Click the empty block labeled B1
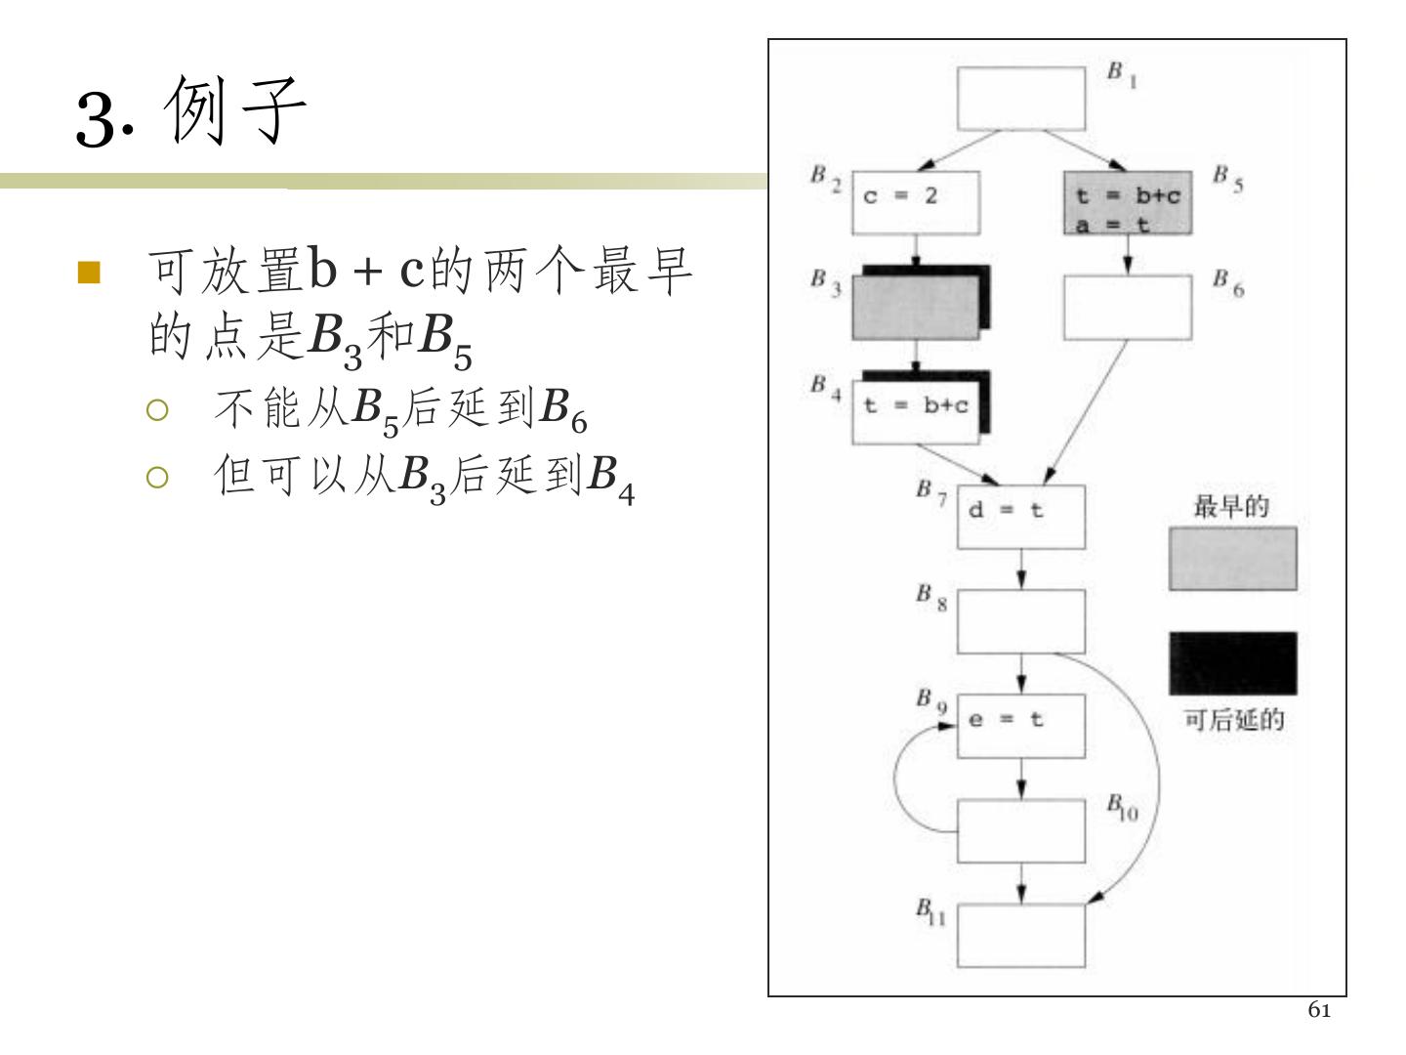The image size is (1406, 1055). click(1020, 98)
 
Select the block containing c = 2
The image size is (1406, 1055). click(915, 202)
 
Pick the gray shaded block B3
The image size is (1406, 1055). click(915, 307)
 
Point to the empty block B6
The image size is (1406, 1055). click(1127, 307)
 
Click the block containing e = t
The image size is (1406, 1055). click(1020, 726)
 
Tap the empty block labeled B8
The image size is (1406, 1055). click(1020, 621)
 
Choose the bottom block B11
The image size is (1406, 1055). click(1020, 935)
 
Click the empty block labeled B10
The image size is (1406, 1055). click(1020, 830)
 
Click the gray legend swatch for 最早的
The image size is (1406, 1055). click(1232, 559)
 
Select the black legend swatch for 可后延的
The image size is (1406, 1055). click(1232, 663)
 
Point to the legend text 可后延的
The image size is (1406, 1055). click(1233, 721)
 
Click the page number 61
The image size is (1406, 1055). click(1318, 1010)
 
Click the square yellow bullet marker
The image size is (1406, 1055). click(89, 272)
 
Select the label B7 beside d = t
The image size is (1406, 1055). click(930, 492)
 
